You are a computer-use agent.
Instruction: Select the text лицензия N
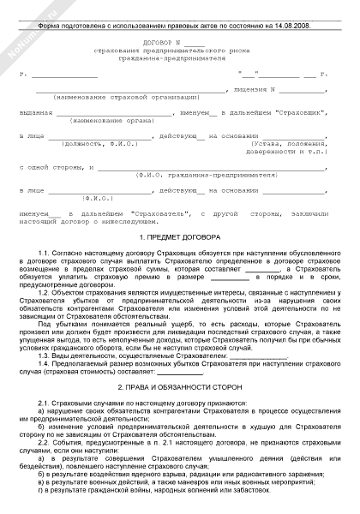(257, 89)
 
